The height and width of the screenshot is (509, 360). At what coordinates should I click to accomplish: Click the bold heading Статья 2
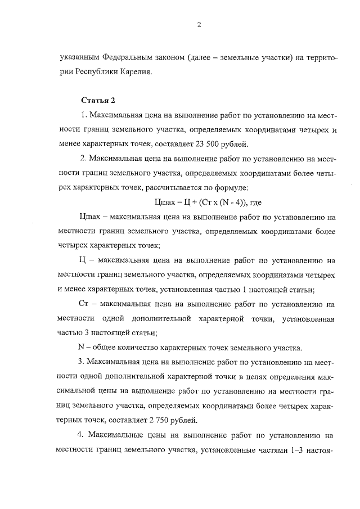click(98, 100)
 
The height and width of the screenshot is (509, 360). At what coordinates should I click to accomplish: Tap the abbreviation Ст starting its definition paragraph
click(85, 305)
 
